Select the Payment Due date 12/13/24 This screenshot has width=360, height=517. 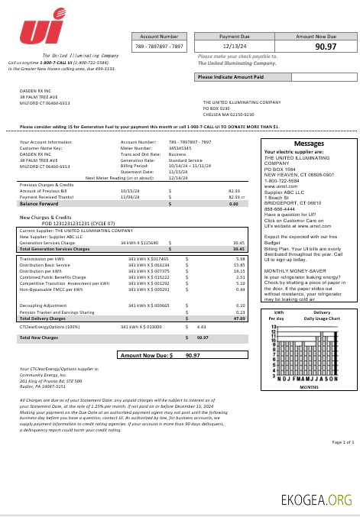[234, 47]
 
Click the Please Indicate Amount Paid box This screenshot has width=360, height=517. [230, 77]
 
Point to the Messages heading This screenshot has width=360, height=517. [308, 144]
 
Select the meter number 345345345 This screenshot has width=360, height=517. [180, 148]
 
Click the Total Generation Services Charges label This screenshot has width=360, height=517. [57, 249]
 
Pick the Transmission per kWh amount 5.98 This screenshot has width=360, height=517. [240, 258]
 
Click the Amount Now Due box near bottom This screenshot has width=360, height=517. [161, 355]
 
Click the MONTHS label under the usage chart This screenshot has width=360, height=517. [308, 387]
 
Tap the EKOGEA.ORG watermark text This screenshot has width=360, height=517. [317, 500]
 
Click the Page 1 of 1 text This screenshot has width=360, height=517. [342, 441]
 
